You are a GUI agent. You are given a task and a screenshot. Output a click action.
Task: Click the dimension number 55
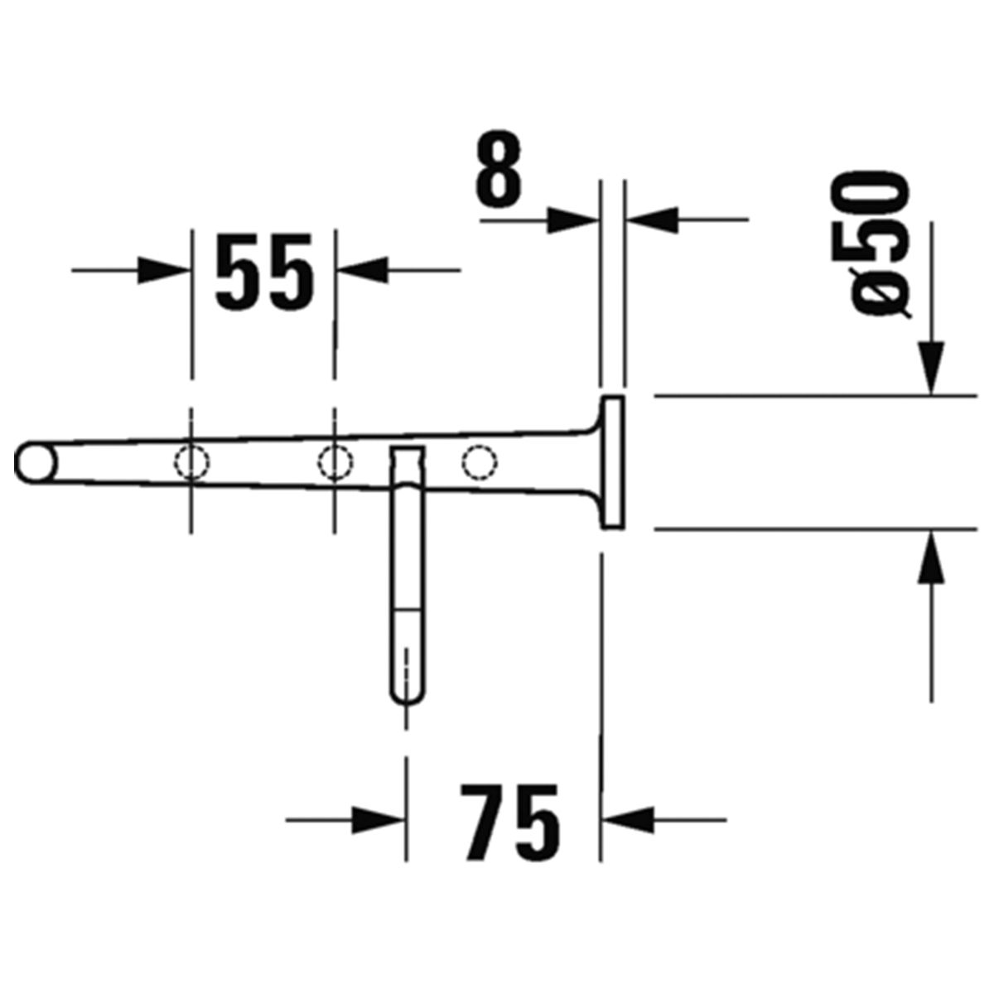pyautogui.click(x=264, y=272)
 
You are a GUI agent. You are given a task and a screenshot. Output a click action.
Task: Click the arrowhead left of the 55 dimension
pyautogui.click(x=163, y=270)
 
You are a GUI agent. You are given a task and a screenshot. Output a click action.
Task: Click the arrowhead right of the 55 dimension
pyautogui.click(x=363, y=269)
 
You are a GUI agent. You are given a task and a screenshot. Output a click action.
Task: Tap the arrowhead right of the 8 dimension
pyautogui.click(x=651, y=220)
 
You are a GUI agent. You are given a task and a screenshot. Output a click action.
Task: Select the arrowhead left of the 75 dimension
pyautogui.click(x=378, y=819)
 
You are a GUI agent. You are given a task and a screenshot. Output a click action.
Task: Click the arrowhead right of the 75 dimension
pyautogui.click(x=628, y=819)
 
